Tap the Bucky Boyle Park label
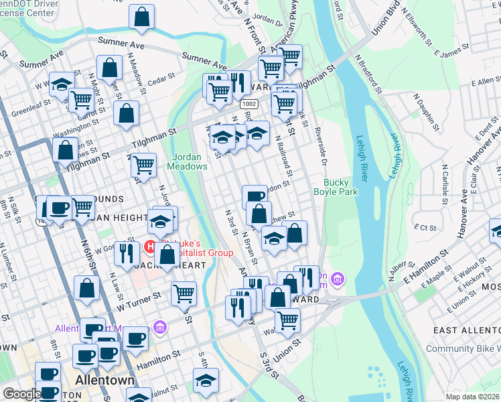tap(341, 187)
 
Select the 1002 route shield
tap(249, 105)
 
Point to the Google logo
tap(21, 395)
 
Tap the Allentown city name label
tap(104, 379)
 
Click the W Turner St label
tap(138, 299)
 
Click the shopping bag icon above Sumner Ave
tap(142, 18)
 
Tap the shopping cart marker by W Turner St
tap(184, 292)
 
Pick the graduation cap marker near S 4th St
tap(206, 381)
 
